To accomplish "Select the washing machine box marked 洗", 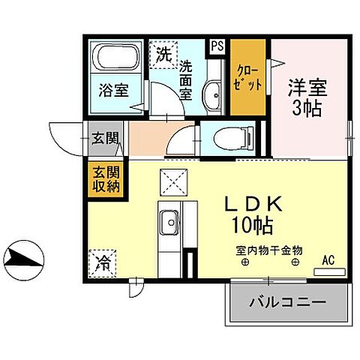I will [x=162, y=54].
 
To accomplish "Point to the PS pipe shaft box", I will [x=217, y=46].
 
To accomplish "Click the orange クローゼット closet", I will [x=248, y=77].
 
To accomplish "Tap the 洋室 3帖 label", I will [x=307, y=94].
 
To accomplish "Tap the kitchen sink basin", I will [x=169, y=223].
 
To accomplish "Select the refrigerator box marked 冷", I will [x=103, y=262].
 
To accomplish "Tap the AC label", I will [x=328, y=260].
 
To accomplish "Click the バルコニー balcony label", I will [x=287, y=303].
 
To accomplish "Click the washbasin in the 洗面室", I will [x=213, y=94].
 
